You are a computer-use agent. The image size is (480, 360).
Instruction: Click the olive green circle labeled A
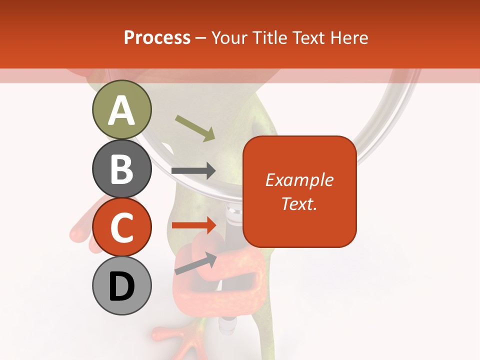click(121, 109)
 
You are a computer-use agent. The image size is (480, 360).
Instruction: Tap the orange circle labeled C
click(121, 227)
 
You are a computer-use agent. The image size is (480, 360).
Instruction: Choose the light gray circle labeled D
click(121, 286)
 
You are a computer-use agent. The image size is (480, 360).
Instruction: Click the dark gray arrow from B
click(193, 170)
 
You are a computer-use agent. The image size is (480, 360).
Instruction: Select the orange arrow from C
click(193, 225)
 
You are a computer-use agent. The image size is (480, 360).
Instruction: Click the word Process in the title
click(157, 37)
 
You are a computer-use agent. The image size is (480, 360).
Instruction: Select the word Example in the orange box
click(299, 180)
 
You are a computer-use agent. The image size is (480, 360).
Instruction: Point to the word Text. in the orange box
click(299, 203)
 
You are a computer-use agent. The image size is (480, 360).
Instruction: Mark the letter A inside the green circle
click(121, 110)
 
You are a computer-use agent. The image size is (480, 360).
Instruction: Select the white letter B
click(121, 169)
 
